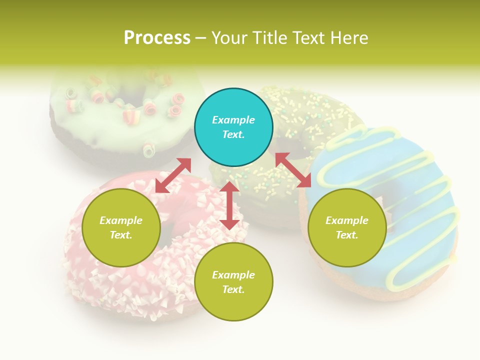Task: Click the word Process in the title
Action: [157, 38]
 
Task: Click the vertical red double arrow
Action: [229, 205]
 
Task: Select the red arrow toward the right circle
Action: [293, 170]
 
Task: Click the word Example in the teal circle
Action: [233, 120]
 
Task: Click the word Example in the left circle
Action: [121, 220]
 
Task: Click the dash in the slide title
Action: [201, 38]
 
